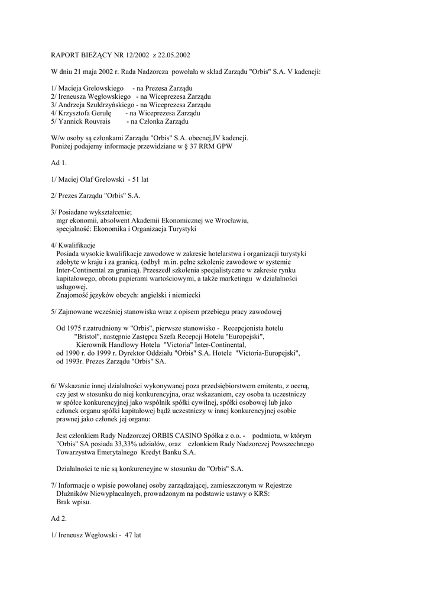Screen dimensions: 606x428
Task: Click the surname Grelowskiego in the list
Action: coord(100,88)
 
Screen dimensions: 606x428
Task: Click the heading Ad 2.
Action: coord(60,518)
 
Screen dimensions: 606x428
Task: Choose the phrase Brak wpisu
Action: coord(73,501)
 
